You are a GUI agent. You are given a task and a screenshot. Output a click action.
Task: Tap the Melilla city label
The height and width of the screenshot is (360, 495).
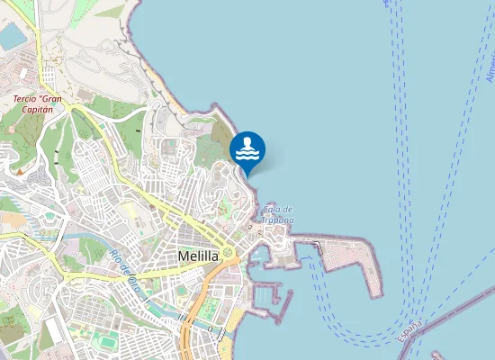tap(199, 256)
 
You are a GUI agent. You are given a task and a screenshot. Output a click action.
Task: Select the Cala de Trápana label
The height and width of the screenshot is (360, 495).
tap(278, 214)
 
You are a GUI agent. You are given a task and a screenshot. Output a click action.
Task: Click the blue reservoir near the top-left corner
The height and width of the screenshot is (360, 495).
tap(13, 36)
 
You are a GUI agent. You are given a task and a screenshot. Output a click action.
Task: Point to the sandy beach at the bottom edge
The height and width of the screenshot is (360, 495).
tap(230, 346)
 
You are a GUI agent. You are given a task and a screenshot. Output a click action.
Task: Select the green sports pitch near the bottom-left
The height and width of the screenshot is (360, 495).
tap(106, 342)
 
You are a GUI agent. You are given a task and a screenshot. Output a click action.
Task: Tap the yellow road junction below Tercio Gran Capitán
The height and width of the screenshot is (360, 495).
tap(77, 110)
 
